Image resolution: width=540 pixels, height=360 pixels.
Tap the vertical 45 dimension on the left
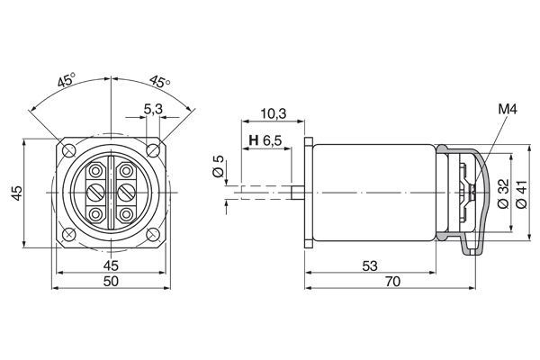(x=16, y=193)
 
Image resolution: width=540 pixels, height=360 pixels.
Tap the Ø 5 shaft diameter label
(x=217, y=167)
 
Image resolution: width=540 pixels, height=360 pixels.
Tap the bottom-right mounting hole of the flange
(x=153, y=235)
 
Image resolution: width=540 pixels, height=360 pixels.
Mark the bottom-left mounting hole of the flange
(x=67, y=235)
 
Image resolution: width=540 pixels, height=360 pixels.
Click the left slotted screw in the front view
(x=95, y=193)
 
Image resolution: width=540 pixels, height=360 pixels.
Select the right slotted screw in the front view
(x=125, y=193)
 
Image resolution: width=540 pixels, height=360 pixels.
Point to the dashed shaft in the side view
(x=261, y=193)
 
